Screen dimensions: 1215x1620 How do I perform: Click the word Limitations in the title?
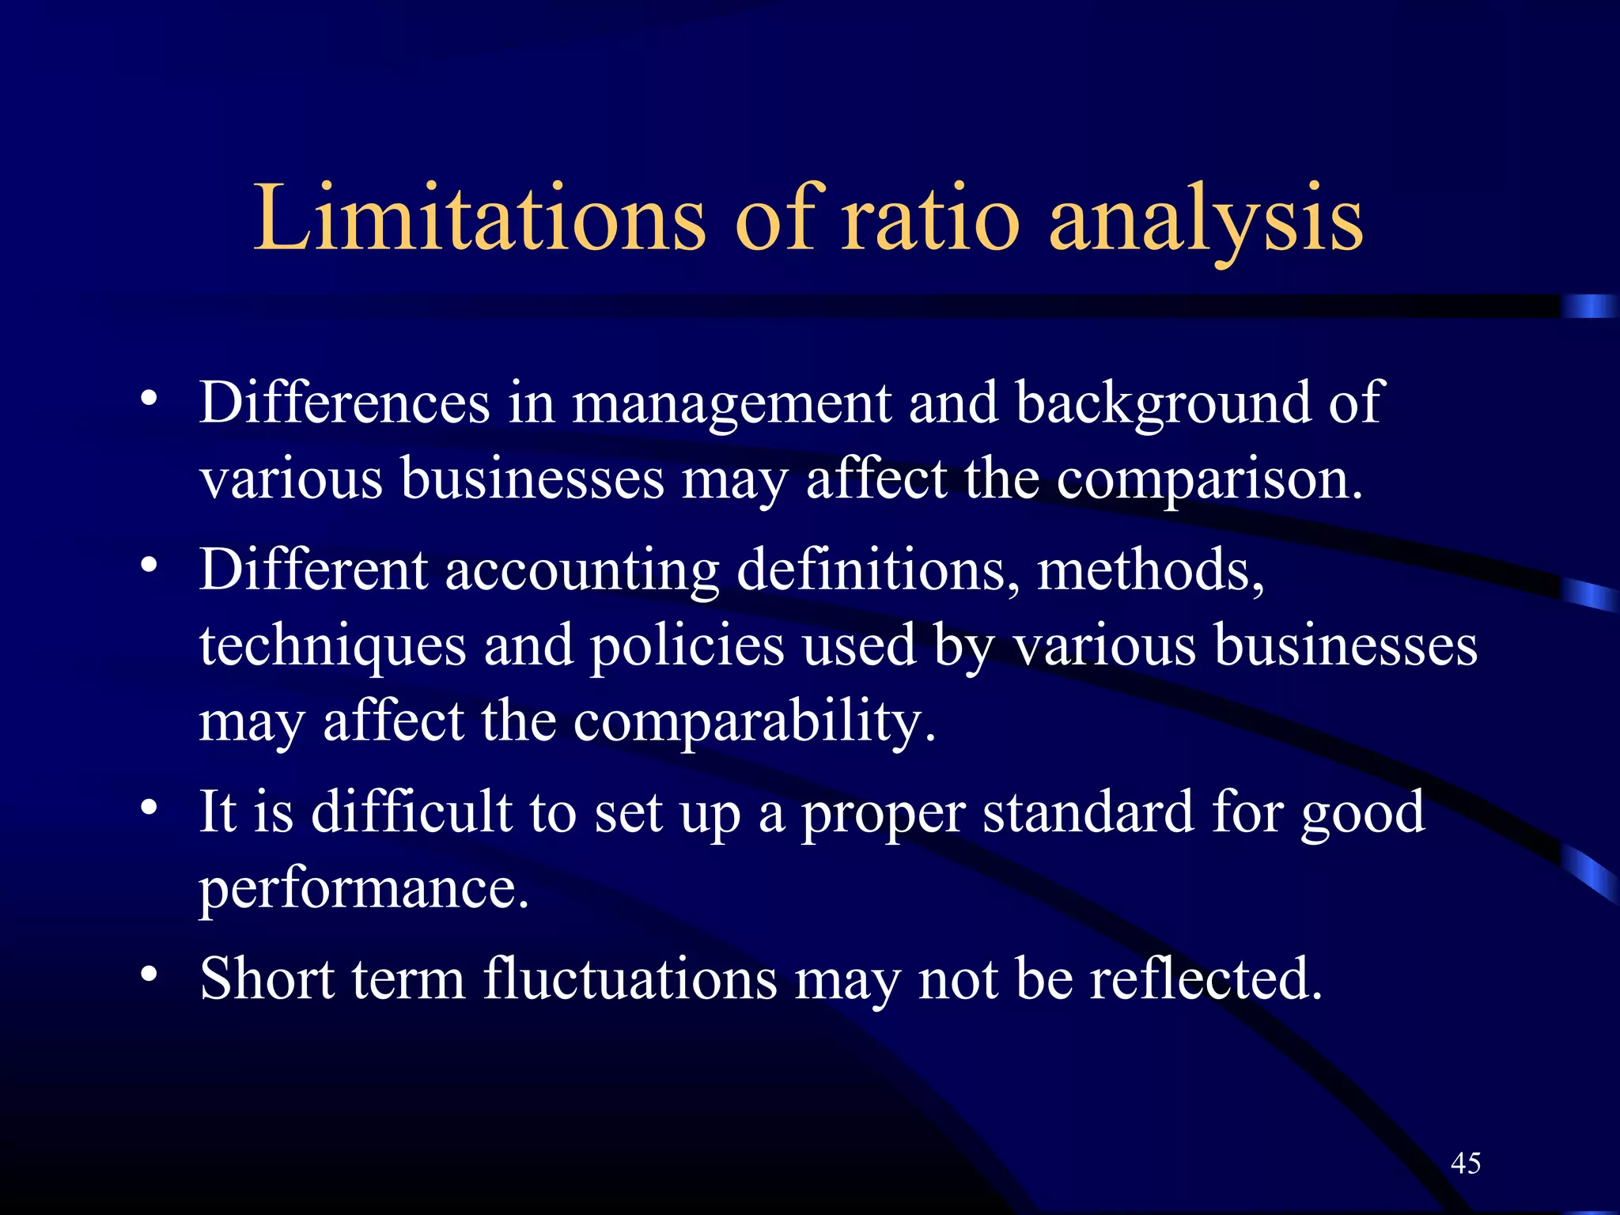pyautogui.click(x=479, y=218)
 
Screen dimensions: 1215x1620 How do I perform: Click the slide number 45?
pyautogui.click(x=1466, y=1164)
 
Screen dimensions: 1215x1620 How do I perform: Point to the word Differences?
pyautogui.click(x=344, y=403)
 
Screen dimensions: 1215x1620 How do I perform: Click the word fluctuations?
pyautogui.click(x=630, y=978)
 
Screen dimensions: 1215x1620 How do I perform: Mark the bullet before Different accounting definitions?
pyautogui.click(x=149, y=566)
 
